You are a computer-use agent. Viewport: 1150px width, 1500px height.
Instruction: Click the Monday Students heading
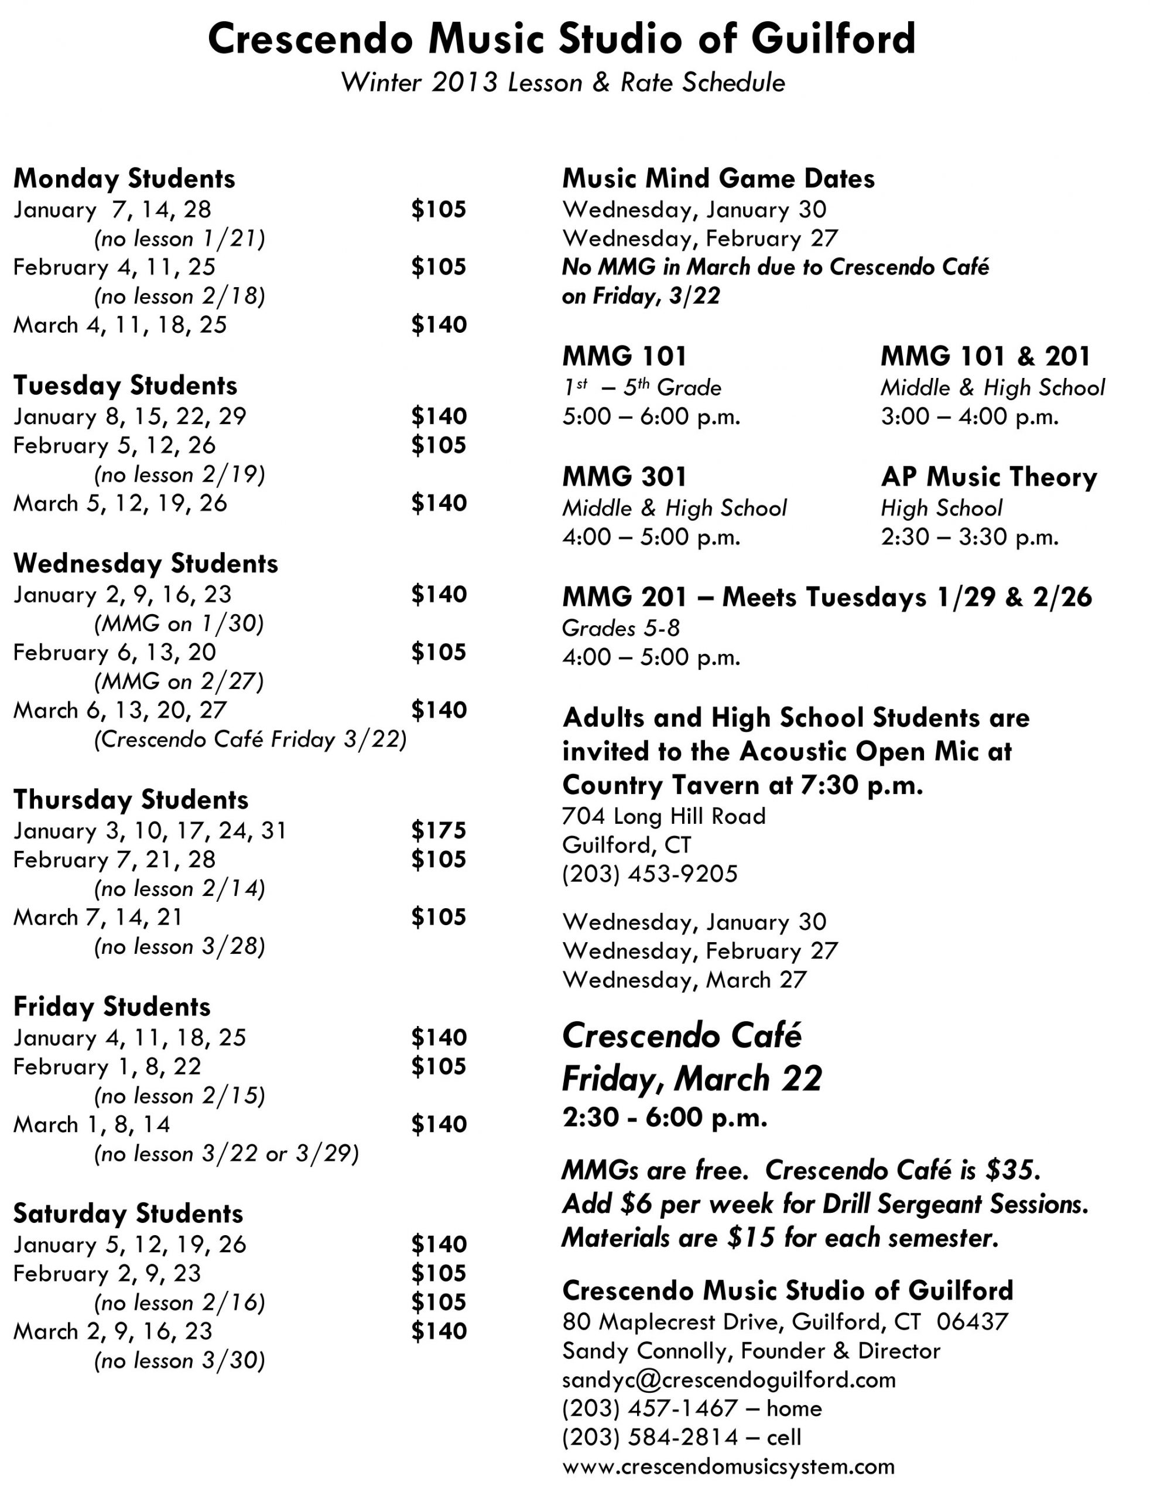pyautogui.click(x=124, y=179)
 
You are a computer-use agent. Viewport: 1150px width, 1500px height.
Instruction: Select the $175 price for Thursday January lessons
pyautogui.click(x=438, y=830)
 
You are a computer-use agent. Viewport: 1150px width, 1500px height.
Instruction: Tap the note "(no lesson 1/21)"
pyautogui.click(x=179, y=238)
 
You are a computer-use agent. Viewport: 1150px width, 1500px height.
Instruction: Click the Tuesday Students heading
pyautogui.click(x=125, y=386)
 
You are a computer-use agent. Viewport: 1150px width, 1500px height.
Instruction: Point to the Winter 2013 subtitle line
pyautogui.click(x=563, y=83)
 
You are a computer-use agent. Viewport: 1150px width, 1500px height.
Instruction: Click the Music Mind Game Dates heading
pyautogui.click(x=718, y=179)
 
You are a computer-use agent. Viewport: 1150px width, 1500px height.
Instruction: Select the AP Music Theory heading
pyautogui.click(x=988, y=477)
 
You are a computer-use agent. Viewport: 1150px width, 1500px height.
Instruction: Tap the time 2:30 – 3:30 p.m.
pyautogui.click(x=969, y=536)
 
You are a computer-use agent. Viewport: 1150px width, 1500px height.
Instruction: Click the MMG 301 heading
pyautogui.click(x=624, y=477)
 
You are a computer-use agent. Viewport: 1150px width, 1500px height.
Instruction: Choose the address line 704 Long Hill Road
pyautogui.click(x=663, y=816)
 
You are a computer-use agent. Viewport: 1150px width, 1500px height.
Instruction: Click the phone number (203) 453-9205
pyautogui.click(x=649, y=874)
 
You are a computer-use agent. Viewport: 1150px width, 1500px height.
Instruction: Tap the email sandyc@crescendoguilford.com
pyautogui.click(x=728, y=1379)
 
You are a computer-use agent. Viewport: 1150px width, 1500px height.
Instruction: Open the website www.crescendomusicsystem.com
pyautogui.click(x=728, y=1467)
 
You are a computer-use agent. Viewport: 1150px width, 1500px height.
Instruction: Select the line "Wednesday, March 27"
pyautogui.click(x=684, y=980)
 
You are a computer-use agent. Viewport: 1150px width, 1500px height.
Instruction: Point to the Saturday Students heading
pyautogui.click(x=128, y=1213)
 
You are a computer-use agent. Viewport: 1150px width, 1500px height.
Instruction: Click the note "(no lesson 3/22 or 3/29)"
pyautogui.click(x=226, y=1154)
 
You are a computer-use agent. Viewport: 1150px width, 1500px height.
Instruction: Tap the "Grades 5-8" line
pyautogui.click(x=620, y=628)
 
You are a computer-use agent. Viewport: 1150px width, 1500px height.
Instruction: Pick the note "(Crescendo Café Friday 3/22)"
pyautogui.click(x=250, y=739)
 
